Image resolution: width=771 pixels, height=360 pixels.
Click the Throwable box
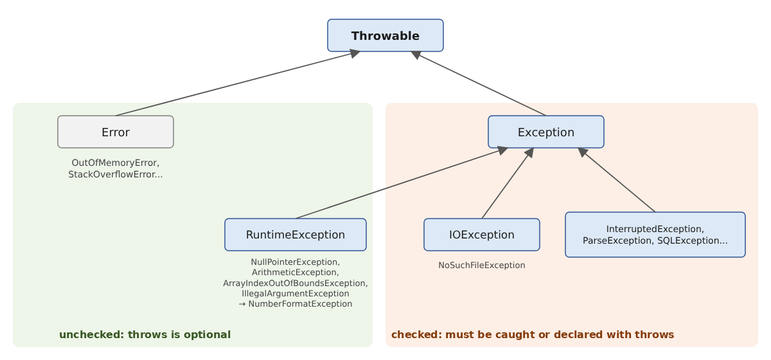(x=385, y=35)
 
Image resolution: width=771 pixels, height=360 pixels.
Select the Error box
(x=116, y=132)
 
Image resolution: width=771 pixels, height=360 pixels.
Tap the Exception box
(x=546, y=132)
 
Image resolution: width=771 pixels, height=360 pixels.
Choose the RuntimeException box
(x=296, y=235)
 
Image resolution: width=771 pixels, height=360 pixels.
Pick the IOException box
(x=481, y=235)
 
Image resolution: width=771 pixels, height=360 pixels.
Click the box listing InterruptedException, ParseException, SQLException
(x=655, y=235)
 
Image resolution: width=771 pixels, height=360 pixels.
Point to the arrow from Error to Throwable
(x=238, y=84)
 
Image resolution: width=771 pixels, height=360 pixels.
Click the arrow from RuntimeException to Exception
(x=402, y=183)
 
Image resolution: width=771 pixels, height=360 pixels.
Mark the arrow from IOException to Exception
(x=508, y=183)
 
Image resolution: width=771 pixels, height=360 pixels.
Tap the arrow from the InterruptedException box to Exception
(x=616, y=180)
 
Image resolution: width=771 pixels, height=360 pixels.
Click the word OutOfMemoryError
(x=114, y=163)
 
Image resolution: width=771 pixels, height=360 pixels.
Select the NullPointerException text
(x=294, y=262)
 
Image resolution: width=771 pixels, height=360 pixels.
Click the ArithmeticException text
(x=294, y=273)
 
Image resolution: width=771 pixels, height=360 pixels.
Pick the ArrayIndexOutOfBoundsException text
(x=294, y=283)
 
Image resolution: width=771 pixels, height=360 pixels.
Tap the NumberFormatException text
(x=300, y=304)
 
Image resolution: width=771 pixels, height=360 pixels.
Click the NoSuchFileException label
(x=481, y=265)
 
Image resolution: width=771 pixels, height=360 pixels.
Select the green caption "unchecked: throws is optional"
(x=145, y=334)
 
